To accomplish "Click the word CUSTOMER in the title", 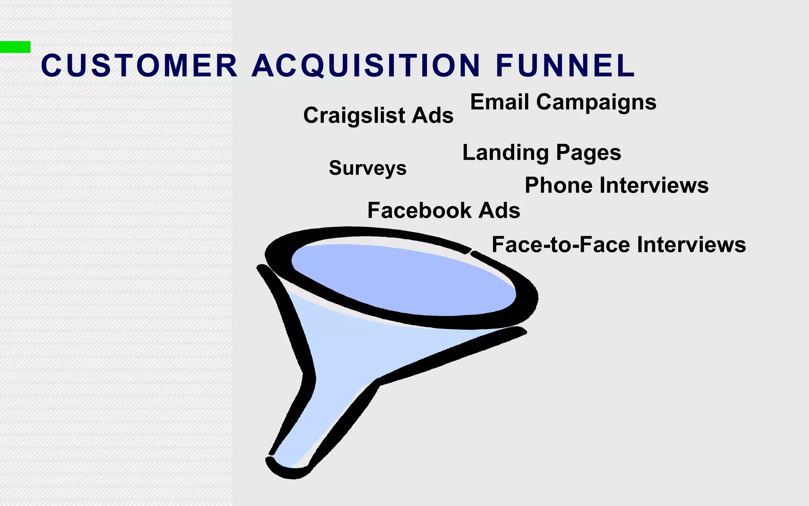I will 139,66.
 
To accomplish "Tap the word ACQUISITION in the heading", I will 366,66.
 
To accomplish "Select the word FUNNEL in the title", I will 565,66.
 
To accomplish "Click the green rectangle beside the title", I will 15,47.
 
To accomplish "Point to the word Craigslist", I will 354,115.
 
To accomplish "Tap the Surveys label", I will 367,168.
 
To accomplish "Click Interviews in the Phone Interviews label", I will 654,185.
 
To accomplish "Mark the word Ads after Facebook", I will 499,210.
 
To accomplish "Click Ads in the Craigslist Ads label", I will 433,115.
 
